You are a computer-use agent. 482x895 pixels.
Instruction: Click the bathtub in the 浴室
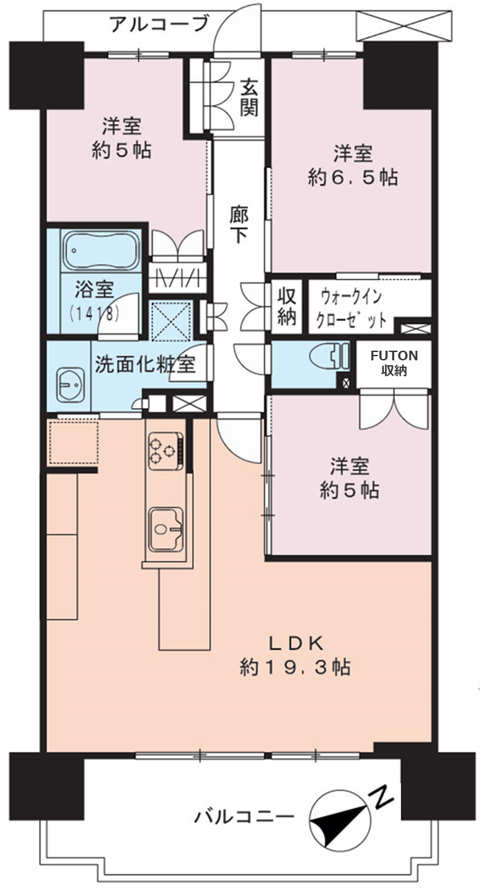(101, 252)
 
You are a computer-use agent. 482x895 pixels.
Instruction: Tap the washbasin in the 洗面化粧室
(71, 385)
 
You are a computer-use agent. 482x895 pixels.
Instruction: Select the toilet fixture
(329, 356)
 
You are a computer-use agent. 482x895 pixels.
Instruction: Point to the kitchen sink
(166, 529)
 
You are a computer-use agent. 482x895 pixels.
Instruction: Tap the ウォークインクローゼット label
(351, 309)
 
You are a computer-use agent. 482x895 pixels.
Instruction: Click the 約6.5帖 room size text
(353, 177)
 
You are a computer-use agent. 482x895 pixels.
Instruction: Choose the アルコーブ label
(159, 24)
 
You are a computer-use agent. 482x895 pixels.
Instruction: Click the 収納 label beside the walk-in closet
(287, 307)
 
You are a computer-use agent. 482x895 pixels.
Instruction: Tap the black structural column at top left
(46, 75)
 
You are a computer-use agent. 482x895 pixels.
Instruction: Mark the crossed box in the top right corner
(405, 26)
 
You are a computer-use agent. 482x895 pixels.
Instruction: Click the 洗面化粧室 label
(145, 364)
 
